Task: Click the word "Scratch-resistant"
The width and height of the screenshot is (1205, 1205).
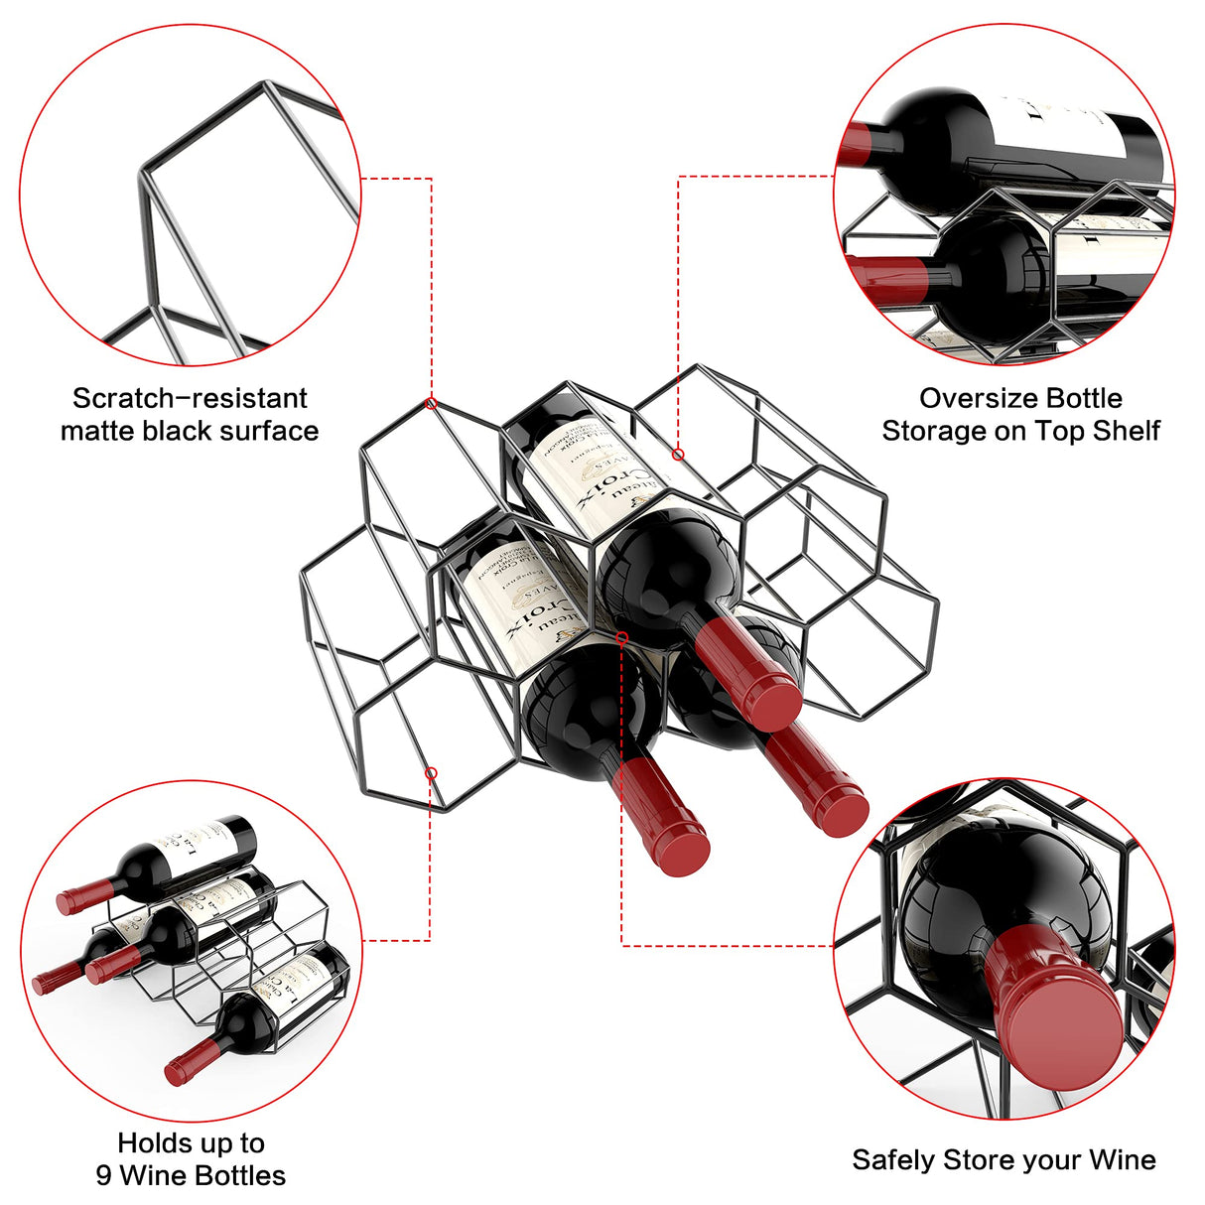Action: point(190,399)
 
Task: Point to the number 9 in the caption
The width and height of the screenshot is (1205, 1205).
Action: point(104,1176)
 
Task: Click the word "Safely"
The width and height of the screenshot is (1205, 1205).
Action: point(893,1160)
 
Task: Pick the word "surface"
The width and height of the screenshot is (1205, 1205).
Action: point(269,431)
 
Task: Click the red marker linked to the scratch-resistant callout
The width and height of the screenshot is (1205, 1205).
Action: point(431,403)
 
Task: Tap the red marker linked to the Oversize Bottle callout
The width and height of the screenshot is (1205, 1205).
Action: point(678,455)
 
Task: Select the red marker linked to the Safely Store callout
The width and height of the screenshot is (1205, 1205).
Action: point(622,637)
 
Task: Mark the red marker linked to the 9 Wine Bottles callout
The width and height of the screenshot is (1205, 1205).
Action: point(431,772)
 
